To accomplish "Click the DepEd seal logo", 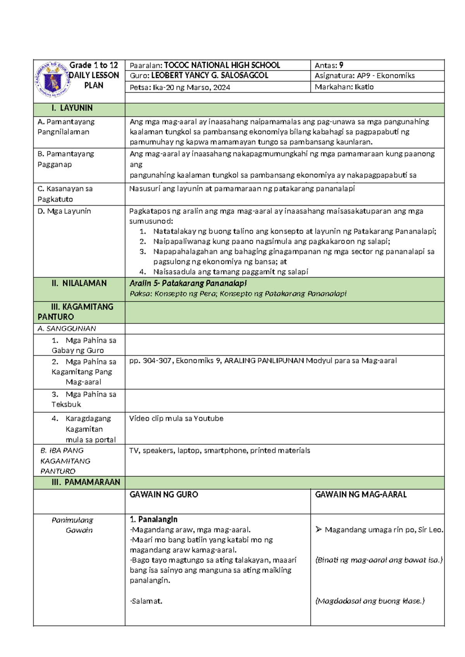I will (x=52, y=80).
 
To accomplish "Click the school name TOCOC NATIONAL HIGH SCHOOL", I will (x=222, y=65).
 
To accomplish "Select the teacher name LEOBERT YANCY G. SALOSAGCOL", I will (x=209, y=76).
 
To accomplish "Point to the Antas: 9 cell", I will (x=329, y=65).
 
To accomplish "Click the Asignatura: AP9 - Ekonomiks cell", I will (x=364, y=76).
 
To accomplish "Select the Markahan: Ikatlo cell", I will (x=344, y=87).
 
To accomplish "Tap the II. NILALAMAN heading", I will (x=79, y=284).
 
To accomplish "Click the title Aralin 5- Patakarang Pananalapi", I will (x=188, y=283).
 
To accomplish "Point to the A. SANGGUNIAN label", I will (x=67, y=328).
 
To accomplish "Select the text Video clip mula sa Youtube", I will (x=176, y=418).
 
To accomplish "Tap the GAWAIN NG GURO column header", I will (x=164, y=495).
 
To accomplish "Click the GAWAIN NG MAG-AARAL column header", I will (x=361, y=495).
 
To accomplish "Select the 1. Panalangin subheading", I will (x=153, y=519).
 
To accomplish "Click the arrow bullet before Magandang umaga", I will (x=319, y=530).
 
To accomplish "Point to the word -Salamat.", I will (x=146, y=601).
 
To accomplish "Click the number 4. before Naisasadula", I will (x=143, y=272).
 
